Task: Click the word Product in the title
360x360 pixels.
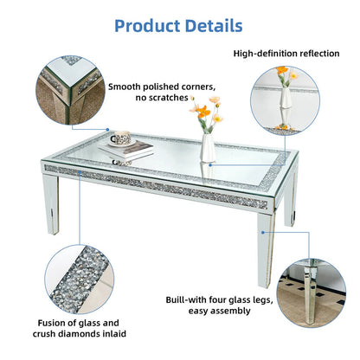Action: pyautogui.click(x=145, y=25)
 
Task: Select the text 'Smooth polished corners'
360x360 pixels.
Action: pyautogui.click(x=161, y=87)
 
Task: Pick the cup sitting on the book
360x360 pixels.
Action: pyautogui.click(x=119, y=138)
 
